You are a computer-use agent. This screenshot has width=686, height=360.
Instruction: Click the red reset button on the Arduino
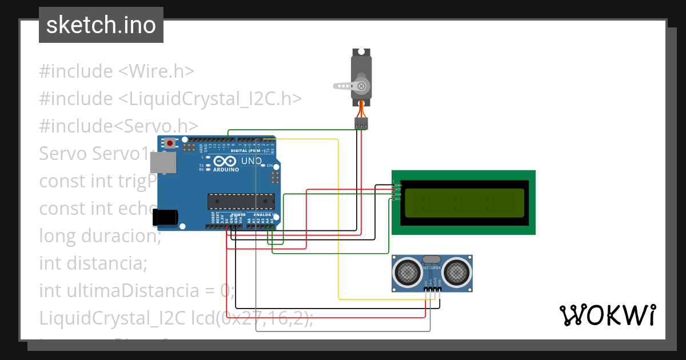169,142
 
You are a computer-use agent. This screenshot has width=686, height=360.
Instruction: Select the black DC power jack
165,217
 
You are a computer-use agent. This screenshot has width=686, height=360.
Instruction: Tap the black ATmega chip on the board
240,201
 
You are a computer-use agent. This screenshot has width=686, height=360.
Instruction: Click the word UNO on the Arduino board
252,161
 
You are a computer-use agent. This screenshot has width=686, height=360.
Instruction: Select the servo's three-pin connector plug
361,123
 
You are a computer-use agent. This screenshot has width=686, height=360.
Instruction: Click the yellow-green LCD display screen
464,203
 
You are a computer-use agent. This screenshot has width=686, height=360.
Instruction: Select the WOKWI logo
607,315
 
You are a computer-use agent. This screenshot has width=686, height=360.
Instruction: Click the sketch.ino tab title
101,25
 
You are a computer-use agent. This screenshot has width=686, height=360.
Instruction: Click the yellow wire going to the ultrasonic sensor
338,229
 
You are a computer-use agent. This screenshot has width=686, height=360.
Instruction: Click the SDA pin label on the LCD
398,194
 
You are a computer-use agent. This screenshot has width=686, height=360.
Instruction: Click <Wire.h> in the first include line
156,71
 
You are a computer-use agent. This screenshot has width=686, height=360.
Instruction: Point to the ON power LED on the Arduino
269,166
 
